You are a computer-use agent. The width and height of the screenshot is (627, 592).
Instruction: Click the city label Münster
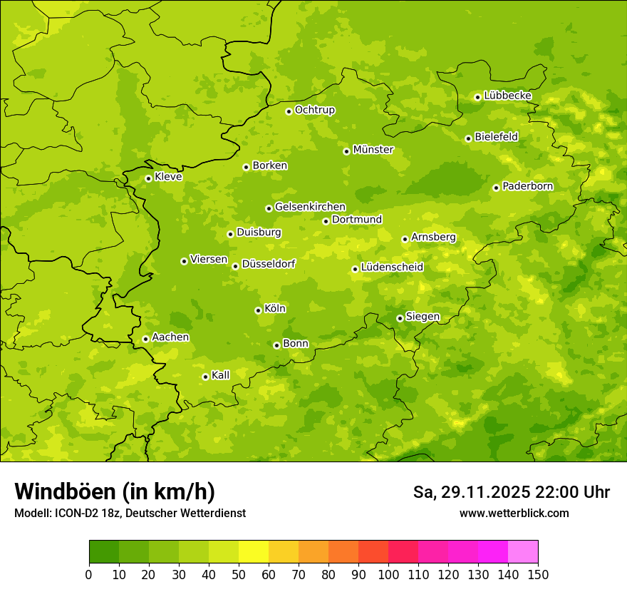pos(373,150)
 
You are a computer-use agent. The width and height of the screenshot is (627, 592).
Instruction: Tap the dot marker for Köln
pos(258,310)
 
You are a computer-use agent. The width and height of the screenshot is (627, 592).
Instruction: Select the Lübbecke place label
pos(507,96)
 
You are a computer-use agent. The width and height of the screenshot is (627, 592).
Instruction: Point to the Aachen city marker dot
pos(145,339)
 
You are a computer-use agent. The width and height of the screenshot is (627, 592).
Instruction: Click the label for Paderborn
pos(527,186)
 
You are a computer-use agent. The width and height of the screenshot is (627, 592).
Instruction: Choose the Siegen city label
pos(423,317)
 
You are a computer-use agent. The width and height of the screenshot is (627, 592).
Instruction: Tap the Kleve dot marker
pos(148,178)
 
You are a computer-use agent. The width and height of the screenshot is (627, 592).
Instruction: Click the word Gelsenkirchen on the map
pos(310,207)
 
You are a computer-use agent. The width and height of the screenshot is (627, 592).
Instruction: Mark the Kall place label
pos(220,375)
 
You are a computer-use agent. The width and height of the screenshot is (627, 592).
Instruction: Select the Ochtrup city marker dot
pos(289,111)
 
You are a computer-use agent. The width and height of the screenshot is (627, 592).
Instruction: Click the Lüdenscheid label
pos(392,267)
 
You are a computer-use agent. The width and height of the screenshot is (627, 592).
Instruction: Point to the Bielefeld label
pos(496,137)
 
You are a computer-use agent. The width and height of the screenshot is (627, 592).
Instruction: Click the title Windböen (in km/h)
pos(114,491)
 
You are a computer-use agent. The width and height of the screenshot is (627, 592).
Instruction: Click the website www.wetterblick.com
pos(514,513)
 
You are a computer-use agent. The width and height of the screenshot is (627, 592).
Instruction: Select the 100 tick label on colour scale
pos(388,574)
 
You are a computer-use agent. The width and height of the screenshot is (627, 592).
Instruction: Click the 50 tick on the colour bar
pos(239,574)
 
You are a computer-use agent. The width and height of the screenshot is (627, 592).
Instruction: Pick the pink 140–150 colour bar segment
pos(523,552)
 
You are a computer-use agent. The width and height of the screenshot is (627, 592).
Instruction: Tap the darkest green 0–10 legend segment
pos(104,552)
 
